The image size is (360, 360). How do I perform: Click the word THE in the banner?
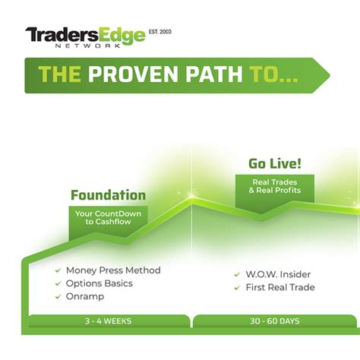pyautogui.click(x=62, y=75)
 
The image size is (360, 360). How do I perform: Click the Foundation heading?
pyautogui.click(x=108, y=195)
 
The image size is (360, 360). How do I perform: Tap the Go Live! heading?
pyautogui.click(x=274, y=164)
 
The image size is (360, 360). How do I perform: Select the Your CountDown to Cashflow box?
pyautogui.click(x=108, y=219)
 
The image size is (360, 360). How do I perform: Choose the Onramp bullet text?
pyautogui.click(x=84, y=296)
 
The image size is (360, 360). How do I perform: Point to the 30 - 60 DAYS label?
pyautogui.click(x=273, y=321)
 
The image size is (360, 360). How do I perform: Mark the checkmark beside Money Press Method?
pyautogui.click(x=57, y=270)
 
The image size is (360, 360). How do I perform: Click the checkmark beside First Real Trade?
pyautogui.click(x=237, y=288)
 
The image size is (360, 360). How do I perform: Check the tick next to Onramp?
pyautogui.click(x=57, y=296)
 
